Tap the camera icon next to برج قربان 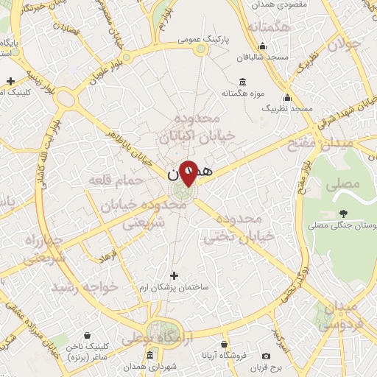tap(266, 356)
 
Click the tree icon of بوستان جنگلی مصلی tap(343, 214)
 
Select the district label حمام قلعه tap(112, 179)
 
